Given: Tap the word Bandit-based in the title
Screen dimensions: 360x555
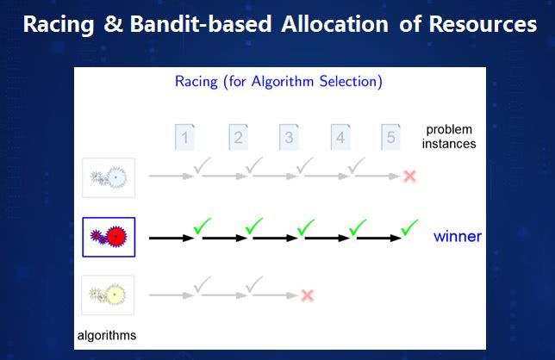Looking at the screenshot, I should [x=183, y=25].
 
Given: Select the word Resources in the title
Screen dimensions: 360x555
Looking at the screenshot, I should [x=482, y=25].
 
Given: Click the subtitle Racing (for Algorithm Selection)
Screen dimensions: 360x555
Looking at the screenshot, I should [x=278, y=83].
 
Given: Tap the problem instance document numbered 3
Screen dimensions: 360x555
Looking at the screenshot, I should [x=289, y=137].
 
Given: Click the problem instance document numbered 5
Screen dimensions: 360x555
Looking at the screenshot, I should [x=390, y=137].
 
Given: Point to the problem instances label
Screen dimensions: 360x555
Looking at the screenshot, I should [x=450, y=137].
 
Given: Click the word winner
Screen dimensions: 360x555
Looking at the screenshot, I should [x=457, y=235].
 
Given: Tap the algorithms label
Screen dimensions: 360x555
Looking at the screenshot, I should [x=108, y=334].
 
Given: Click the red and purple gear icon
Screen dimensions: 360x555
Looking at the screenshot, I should [x=109, y=235].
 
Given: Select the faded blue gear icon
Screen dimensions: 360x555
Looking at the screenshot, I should [x=109, y=177].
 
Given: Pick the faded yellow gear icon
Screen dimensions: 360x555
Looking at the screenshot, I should [x=109, y=295].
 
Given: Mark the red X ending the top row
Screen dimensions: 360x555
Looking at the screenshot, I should [x=410, y=177].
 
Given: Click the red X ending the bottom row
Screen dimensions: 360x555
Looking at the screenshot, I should [x=307, y=295].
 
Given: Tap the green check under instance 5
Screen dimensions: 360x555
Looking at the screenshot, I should [x=409, y=228].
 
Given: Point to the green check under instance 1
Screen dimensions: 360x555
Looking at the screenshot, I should [x=203, y=228].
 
